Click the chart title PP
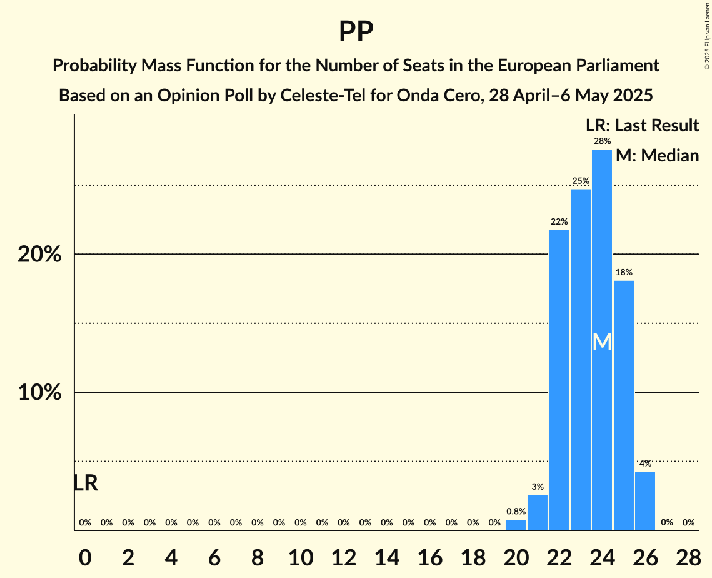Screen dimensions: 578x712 [x=356, y=31]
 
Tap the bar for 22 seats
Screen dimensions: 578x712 [x=559, y=380]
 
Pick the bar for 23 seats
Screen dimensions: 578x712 [x=581, y=360]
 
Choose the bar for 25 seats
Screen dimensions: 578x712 [x=624, y=405]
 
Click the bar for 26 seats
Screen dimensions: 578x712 [x=645, y=501]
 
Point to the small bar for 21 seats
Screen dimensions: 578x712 [x=538, y=513]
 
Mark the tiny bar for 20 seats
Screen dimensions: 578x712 [x=516, y=525]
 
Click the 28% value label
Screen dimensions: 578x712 [x=602, y=141]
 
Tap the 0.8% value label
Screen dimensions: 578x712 [x=516, y=512]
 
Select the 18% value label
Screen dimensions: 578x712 [x=624, y=272]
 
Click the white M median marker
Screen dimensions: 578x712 [x=602, y=342]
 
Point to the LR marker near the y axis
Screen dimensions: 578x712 [x=86, y=483]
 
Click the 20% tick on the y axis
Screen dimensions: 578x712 [x=39, y=255]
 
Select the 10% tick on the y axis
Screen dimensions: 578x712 [x=39, y=393]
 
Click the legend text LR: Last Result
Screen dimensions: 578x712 [x=642, y=126]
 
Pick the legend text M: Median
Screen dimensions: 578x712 [x=657, y=156]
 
